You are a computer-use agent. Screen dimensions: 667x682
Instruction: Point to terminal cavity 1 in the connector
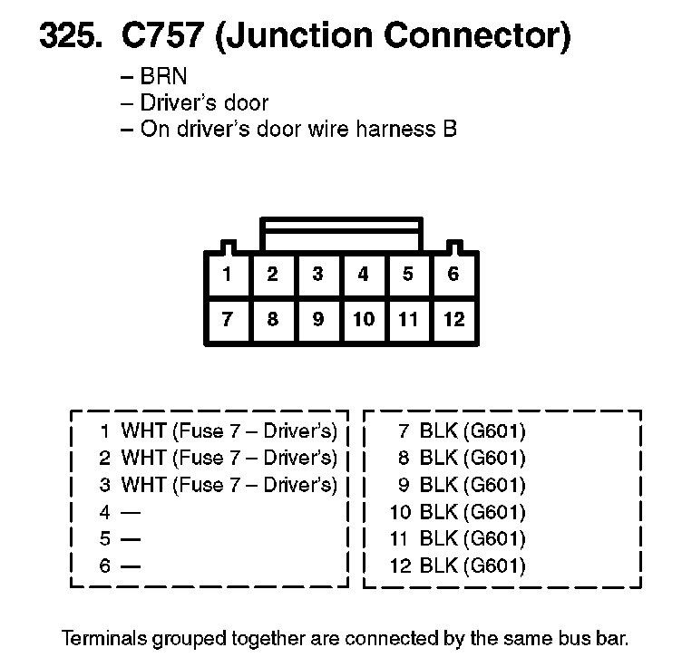click(x=228, y=275)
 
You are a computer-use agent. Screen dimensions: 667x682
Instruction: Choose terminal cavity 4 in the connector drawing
click(x=364, y=275)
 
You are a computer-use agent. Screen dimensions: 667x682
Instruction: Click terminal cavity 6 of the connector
click(x=453, y=275)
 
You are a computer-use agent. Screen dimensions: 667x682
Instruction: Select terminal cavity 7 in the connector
click(x=228, y=319)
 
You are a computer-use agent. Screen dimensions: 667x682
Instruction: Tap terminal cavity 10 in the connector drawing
click(x=364, y=319)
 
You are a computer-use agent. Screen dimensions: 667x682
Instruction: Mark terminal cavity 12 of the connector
click(x=453, y=319)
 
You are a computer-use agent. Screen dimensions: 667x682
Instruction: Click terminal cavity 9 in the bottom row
click(x=317, y=319)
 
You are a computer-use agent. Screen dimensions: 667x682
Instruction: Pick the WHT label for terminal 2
click(x=143, y=458)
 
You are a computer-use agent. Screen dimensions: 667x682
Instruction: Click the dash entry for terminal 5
click(x=131, y=539)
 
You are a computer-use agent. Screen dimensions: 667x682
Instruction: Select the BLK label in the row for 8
click(x=439, y=458)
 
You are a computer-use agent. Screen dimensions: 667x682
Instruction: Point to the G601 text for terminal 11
click(x=495, y=539)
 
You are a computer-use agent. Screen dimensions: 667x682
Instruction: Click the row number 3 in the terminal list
click(x=104, y=485)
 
